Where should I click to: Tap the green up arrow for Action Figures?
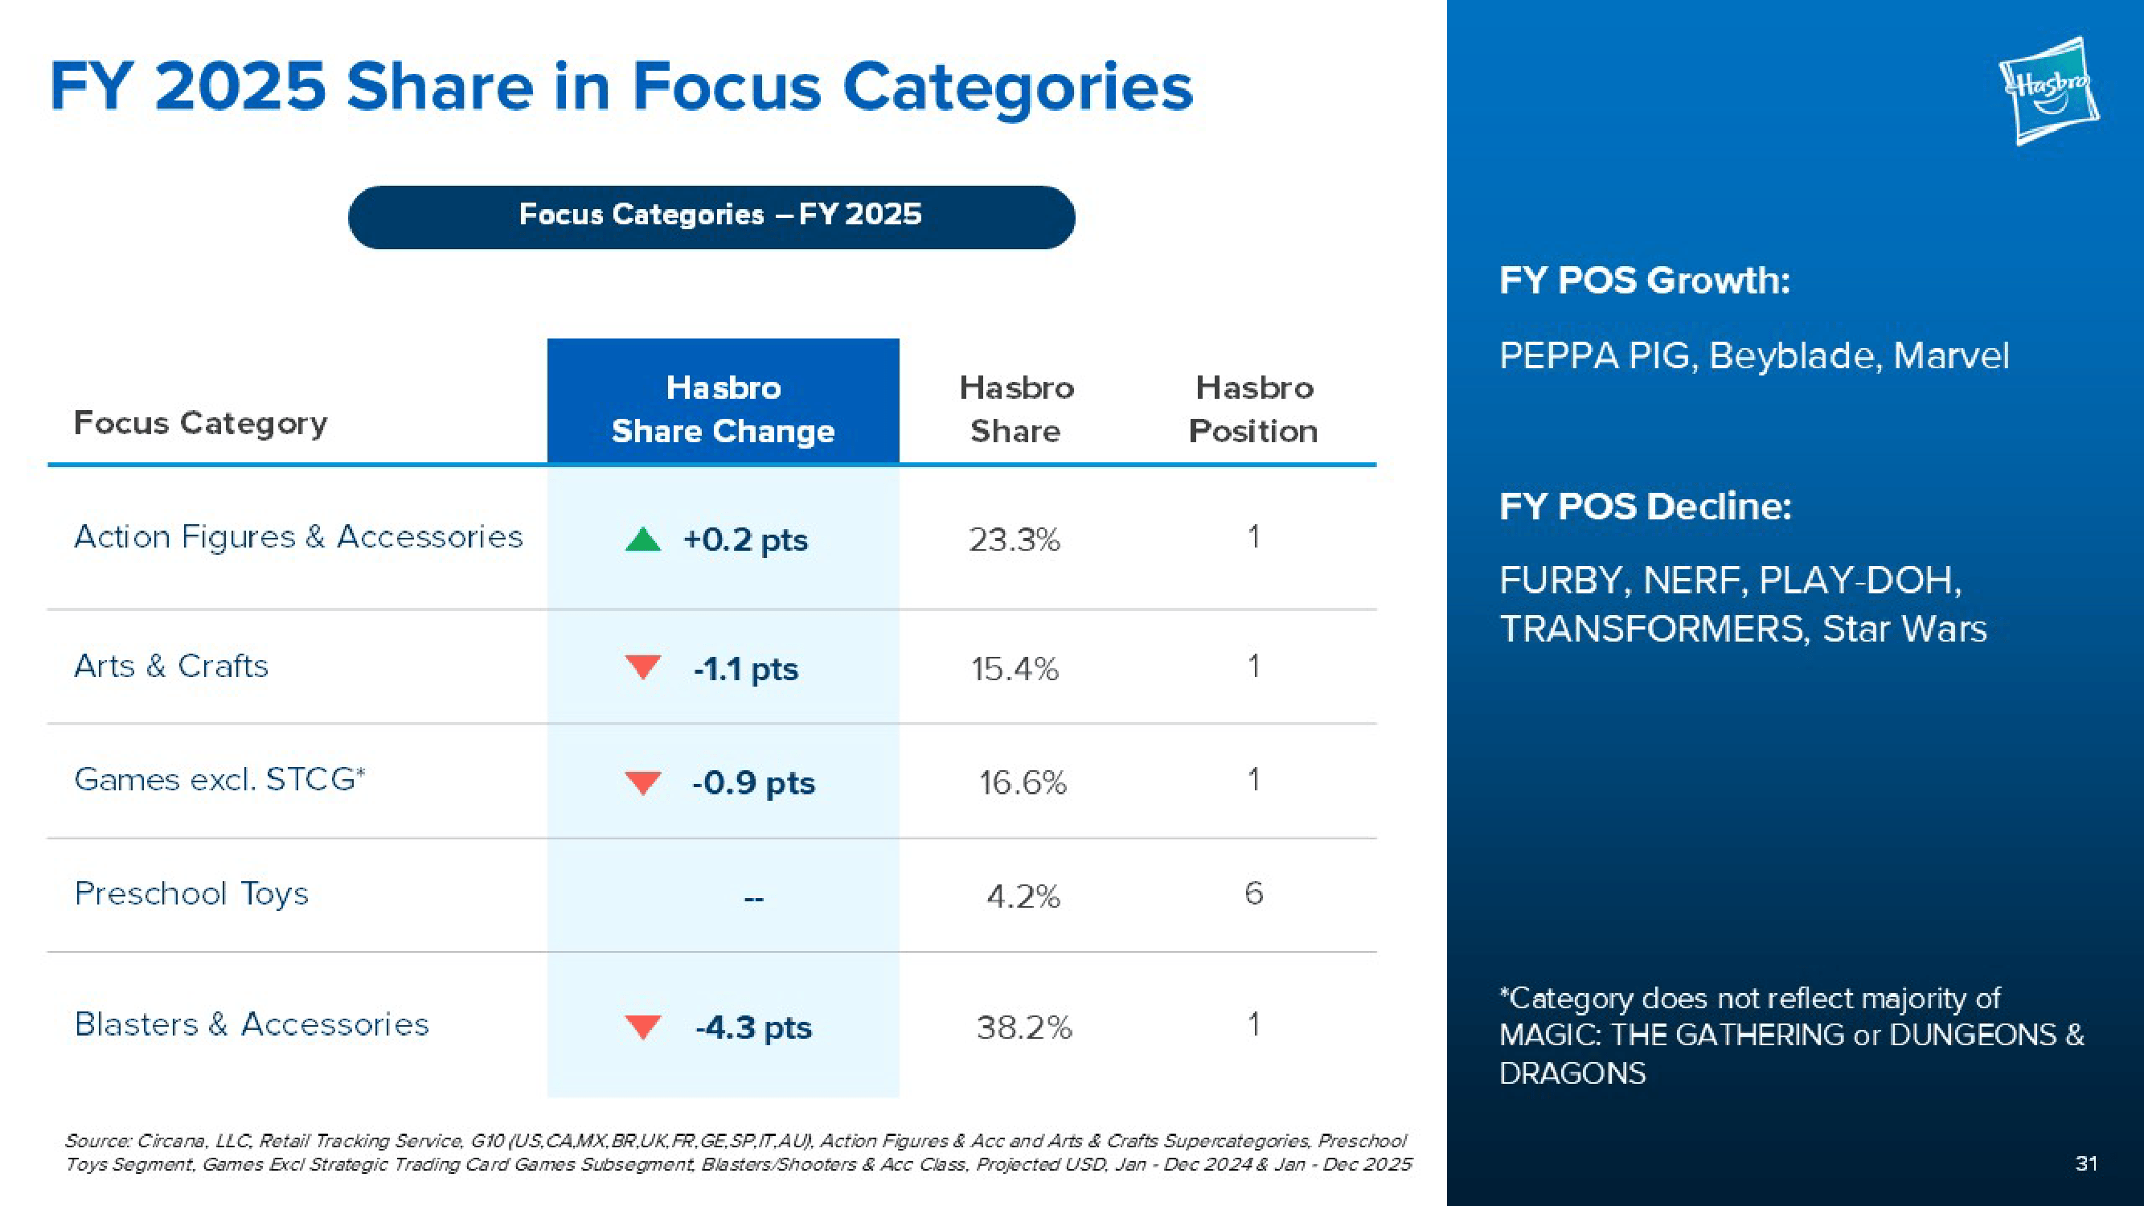click(x=642, y=540)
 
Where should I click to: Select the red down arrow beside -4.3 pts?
click(x=642, y=1026)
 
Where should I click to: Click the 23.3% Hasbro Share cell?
click(x=1015, y=540)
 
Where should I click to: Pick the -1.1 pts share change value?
click(x=746, y=669)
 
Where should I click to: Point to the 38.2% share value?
click(x=1023, y=1028)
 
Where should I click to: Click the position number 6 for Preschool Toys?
click(x=1253, y=894)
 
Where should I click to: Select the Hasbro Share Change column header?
click(x=723, y=408)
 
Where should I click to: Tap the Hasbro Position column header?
click(x=1253, y=408)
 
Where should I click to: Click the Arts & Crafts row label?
click(x=171, y=666)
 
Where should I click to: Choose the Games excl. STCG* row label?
click(x=219, y=780)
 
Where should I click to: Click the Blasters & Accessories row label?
click(x=252, y=1024)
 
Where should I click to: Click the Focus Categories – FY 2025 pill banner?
click(x=711, y=216)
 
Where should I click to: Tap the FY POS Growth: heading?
click(x=1645, y=280)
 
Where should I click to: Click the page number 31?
click(x=2086, y=1163)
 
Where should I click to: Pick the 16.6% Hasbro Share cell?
click(x=1023, y=783)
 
